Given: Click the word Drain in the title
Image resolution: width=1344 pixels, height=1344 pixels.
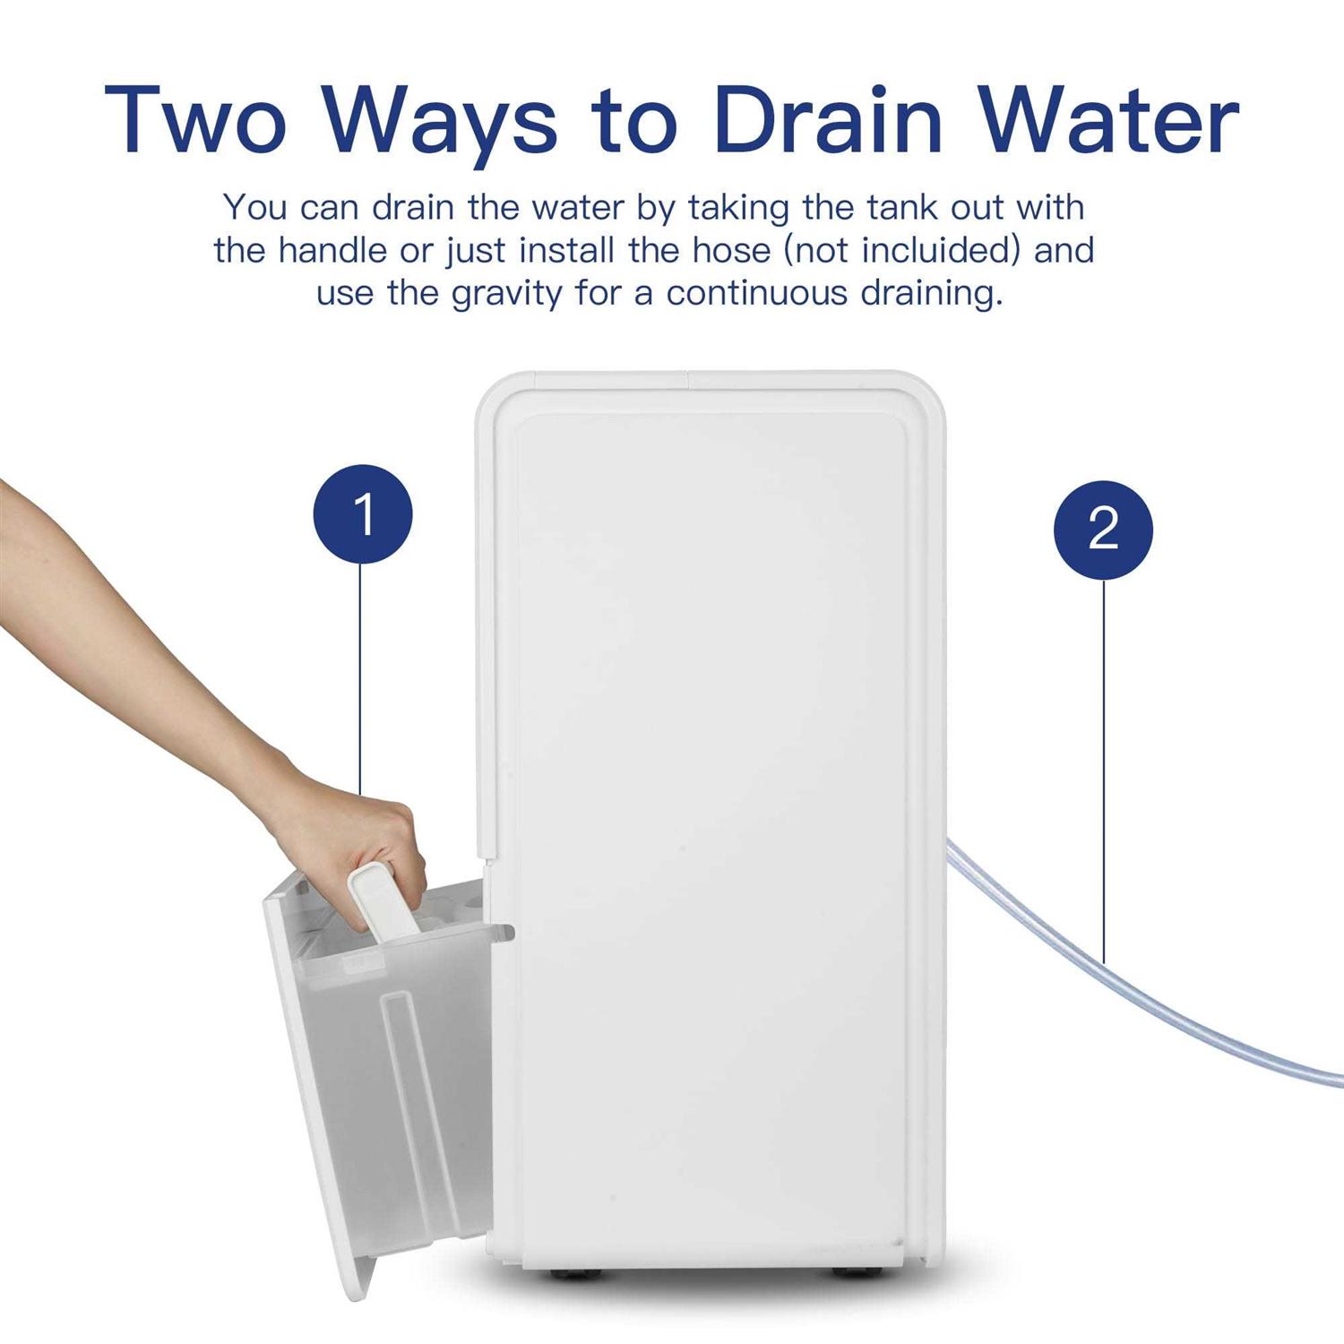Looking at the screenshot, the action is click(829, 120).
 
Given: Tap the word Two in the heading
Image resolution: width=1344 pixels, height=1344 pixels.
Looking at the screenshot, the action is click(195, 120).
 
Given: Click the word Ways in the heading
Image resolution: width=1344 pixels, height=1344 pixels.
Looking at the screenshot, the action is click(439, 125).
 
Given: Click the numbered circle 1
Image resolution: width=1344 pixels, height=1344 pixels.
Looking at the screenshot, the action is click(363, 514).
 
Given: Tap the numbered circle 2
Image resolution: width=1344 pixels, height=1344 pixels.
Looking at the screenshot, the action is click(1103, 529).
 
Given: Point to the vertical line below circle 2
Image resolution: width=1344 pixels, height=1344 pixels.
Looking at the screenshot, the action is click(1103, 771).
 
